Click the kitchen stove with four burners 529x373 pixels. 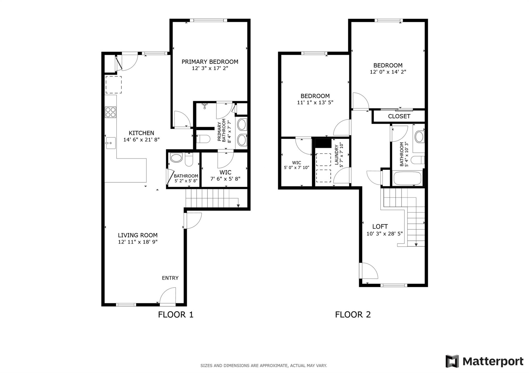(111, 112)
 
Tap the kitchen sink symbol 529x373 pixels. (111, 143)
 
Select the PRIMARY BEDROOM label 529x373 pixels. (210, 62)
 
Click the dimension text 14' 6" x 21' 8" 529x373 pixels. (141, 140)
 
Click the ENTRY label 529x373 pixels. (170, 278)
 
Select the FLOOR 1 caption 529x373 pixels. (176, 314)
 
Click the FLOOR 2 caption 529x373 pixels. (353, 314)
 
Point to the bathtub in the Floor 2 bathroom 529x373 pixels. (407, 178)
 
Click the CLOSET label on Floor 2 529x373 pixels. (399, 116)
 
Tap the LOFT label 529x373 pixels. (380, 227)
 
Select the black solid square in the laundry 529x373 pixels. (323, 143)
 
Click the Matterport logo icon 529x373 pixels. (452, 361)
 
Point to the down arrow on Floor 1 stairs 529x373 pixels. (238, 205)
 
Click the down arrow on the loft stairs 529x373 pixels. (416, 244)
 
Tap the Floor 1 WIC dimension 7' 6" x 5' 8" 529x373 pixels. (225, 179)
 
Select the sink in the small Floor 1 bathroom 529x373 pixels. (176, 158)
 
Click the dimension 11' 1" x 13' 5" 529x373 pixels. (315, 103)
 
